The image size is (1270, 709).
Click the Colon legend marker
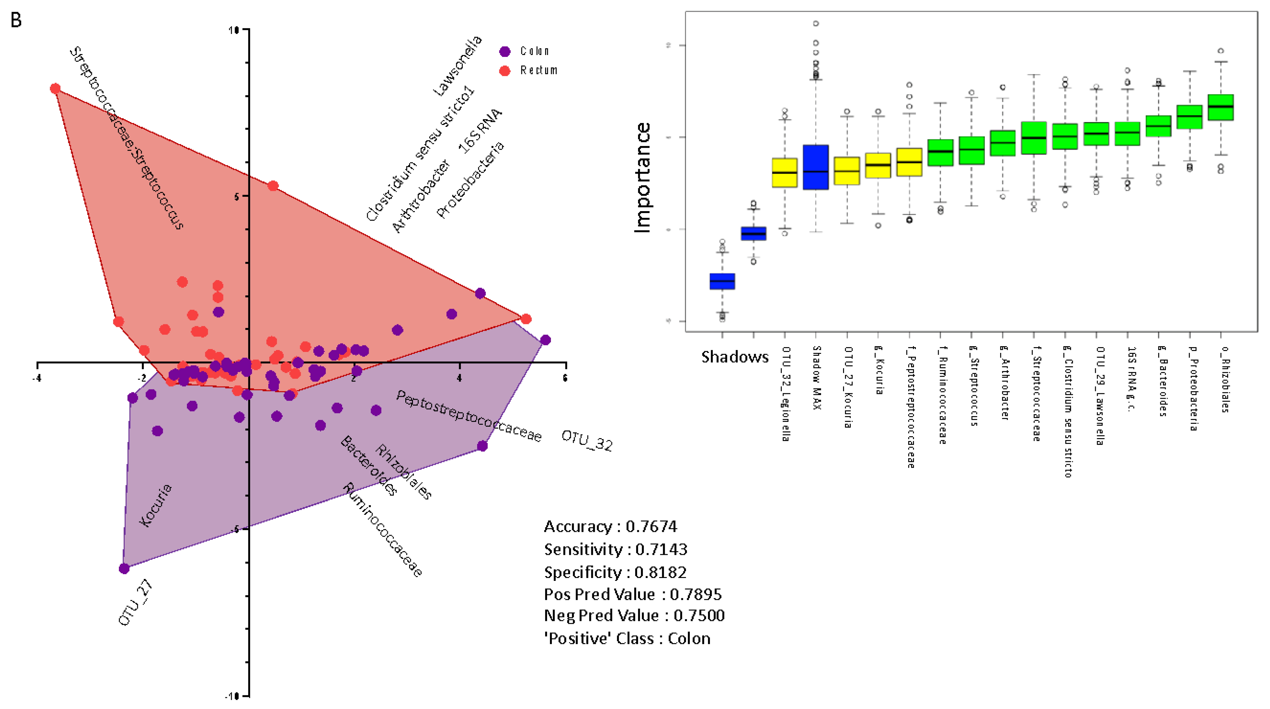click(x=505, y=51)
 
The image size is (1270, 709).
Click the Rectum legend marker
click(x=505, y=71)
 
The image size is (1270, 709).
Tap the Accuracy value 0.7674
click(x=651, y=527)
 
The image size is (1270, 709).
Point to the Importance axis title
click(x=642, y=177)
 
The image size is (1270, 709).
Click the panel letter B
click(x=16, y=20)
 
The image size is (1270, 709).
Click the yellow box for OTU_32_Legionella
click(x=784, y=173)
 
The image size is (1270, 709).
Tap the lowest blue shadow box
click(x=722, y=281)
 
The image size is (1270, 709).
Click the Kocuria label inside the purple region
click(x=155, y=506)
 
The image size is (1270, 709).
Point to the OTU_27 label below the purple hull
click(x=135, y=603)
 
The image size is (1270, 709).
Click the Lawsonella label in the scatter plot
click(x=457, y=65)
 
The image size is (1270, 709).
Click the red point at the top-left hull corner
click(x=55, y=89)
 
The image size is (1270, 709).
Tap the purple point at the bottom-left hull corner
click(x=124, y=568)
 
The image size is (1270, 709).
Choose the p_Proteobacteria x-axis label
click(x=1193, y=389)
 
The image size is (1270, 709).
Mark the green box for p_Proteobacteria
click(x=1189, y=117)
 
